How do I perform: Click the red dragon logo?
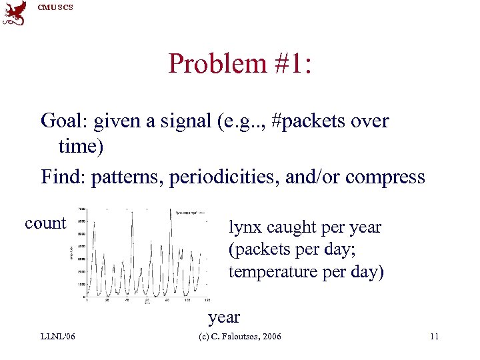pyautogui.click(x=15, y=13)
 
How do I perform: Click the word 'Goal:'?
pyautogui.click(x=65, y=121)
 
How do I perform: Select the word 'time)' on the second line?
pyautogui.click(x=81, y=145)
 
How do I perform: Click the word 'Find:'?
pyautogui.click(x=63, y=177)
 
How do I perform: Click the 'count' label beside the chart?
pyautogui.click(x=45, y=223)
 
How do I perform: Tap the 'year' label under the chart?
pyautogui.click(x=224, y=317)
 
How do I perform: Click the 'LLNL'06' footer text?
pyautogui.click(x=57, y=337)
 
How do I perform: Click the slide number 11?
pyautogui.click(x=434, y=337)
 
